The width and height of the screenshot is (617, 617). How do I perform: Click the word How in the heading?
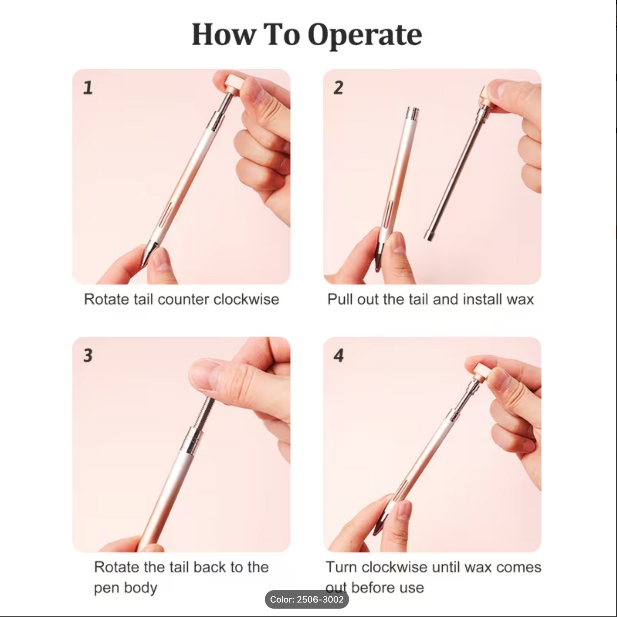point(224,35)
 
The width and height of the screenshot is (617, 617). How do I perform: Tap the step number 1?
point(88,88)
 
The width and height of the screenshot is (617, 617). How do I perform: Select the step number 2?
point(339,88)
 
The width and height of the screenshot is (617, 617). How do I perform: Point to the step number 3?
point(88,355)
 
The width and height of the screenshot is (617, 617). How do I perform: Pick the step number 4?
point(339,355)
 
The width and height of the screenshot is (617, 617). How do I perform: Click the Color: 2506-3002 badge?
point(307,600)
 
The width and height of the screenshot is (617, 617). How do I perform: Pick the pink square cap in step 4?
point(483,371)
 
